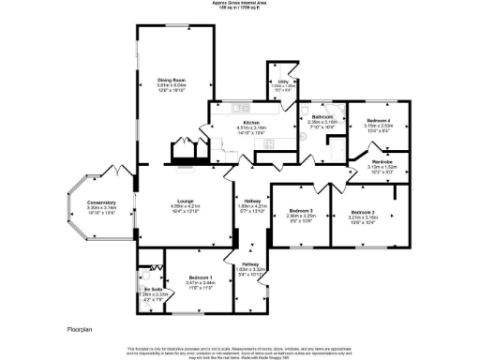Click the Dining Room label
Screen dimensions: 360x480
(x=170, y=80)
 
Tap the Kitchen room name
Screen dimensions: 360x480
(x=250, y=122)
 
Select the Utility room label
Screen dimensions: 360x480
(x=280, y=82)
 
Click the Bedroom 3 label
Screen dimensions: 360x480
(x=301, y=211)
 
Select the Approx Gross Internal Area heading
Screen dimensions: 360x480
(x=241, y=4)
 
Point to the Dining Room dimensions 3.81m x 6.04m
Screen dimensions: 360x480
(x=170, y=85)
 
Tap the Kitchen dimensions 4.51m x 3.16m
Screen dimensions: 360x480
(x=250, y=127)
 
